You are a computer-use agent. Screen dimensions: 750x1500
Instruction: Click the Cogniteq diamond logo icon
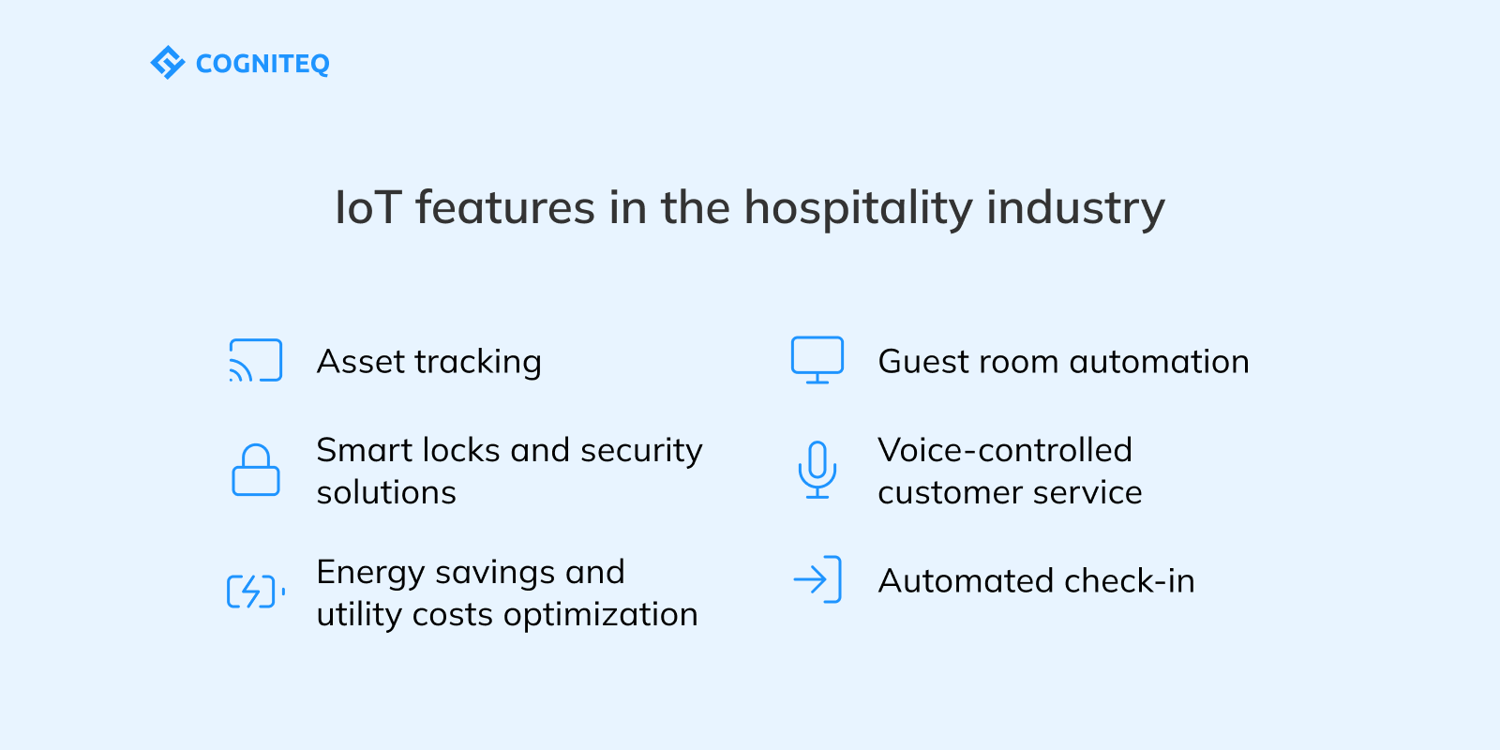coord(168,63)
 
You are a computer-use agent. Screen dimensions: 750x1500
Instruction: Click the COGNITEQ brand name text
coord(262,64)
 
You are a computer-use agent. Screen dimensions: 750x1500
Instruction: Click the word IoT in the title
coord(367,208)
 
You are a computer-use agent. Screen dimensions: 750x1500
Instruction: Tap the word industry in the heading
coord(1075,208)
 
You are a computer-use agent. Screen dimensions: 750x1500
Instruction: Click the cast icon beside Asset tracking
coord(255,361)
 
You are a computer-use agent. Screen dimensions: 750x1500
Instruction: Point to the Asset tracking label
coord(429,362)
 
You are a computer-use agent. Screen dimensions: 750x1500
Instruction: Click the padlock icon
coord(255,470)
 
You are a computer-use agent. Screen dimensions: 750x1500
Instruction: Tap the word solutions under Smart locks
coord(386,493)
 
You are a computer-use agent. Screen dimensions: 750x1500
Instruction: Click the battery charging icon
coord(255,592)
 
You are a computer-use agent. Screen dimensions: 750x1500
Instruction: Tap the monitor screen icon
coord(817,360)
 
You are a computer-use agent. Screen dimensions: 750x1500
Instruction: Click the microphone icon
coord(817,470)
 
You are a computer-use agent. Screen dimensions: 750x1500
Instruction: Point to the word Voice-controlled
coord(1004,450)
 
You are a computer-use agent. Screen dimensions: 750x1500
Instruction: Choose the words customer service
coord(1010,493)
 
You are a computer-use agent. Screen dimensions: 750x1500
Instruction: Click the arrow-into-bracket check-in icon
coord(817,580)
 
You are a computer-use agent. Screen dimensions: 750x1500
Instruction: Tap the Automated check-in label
coord(1036,581)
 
